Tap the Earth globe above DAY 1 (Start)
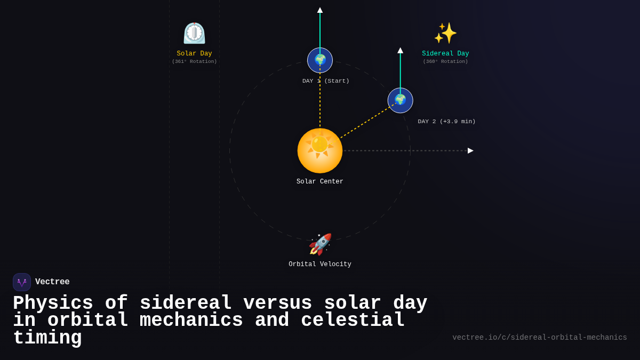[320, 60]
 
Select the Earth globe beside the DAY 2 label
[400, 100]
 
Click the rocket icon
[320, 244]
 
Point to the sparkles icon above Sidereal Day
[445, 33]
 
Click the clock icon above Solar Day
[194, 33]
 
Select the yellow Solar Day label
[194, 54]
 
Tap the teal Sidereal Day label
[445, 54]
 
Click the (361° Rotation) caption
[194, 62]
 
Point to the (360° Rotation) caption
[445, 62]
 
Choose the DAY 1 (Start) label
[326, 81]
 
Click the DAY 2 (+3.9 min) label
[446, 122]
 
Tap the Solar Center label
[320, 182]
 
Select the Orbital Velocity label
[320, 265]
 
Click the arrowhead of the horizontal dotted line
[470, 151]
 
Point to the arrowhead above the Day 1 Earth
[320, 10]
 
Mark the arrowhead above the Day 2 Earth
[400, 51]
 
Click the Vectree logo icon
[22, 282]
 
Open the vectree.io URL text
[539, 338]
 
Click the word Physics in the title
[53, 303]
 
